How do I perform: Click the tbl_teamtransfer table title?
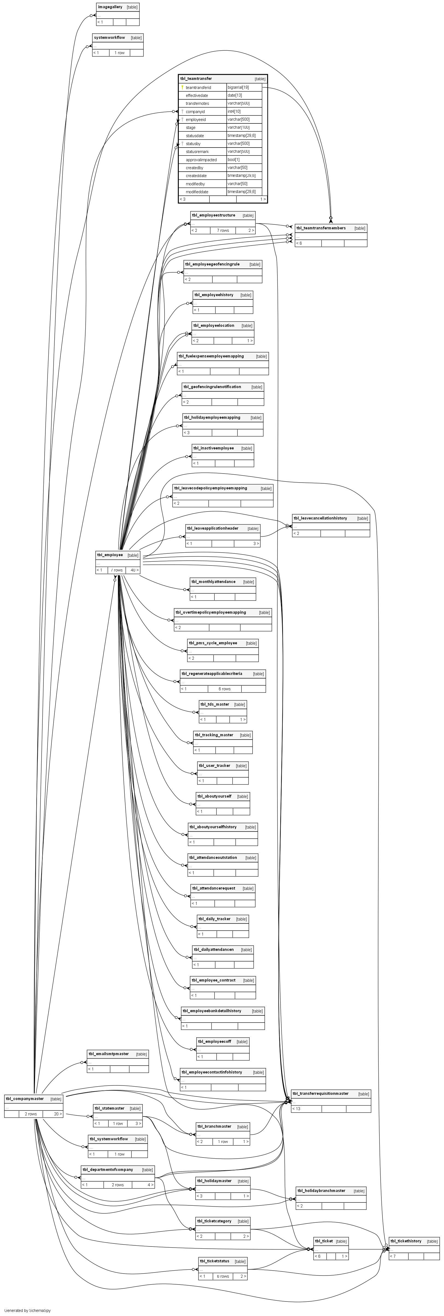(196, 79)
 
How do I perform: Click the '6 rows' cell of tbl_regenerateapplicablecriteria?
(224, 689)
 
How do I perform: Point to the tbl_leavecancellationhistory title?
(320, 518)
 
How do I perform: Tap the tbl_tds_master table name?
(214, 704)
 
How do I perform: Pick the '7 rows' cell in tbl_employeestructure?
(223, 230)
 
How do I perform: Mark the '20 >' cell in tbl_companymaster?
(52, 1114)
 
